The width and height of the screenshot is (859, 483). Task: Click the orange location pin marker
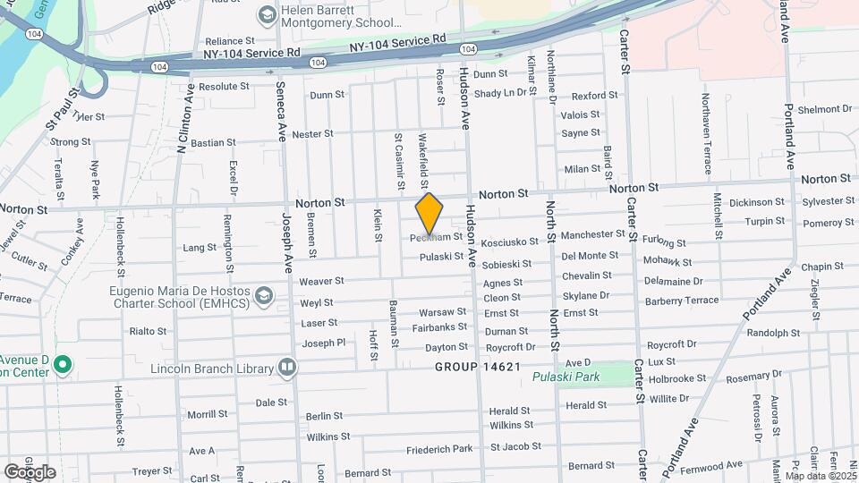click(429, 214)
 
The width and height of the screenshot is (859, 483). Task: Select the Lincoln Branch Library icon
click(286, 366)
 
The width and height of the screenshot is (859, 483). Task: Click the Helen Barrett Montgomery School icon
click(267, 15)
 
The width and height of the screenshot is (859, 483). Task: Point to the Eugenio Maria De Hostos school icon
click(263, 294)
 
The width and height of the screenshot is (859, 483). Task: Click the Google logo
click(30, 472)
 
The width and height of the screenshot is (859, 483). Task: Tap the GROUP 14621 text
click(478, 367)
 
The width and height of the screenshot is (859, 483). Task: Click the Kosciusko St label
click(510, 242)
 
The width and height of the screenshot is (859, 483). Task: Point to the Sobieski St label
click(506, 265)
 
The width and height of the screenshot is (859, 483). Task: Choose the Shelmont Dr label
click(824, 109)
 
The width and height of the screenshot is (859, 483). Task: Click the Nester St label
click(312, 133)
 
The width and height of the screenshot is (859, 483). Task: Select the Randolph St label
click(772, 333)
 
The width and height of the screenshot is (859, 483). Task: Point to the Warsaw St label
click(444, 313)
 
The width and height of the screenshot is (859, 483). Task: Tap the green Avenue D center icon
click(62, 364)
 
